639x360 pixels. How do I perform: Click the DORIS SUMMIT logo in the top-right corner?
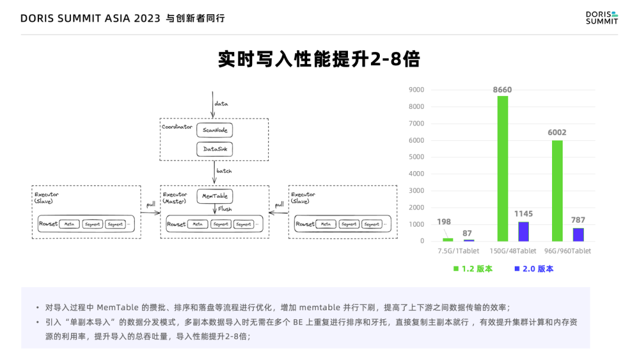[601, 18]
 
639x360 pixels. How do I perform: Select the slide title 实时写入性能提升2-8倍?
[319, 59]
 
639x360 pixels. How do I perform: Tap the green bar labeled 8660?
[502, 168]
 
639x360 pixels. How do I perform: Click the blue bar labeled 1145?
[524, 232]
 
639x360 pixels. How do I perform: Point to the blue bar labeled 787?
[578, 234]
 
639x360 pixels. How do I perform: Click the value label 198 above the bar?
[444, 222]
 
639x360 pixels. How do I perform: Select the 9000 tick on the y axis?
[416, 90]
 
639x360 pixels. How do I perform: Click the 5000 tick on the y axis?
[416, 157]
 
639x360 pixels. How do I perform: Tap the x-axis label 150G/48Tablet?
[513, 251]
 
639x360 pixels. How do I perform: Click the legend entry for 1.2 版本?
[473, 269]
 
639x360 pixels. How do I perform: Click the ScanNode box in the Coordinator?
[215, 130]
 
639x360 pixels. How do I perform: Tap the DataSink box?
[215, 149]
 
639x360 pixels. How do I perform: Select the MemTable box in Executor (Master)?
[215, 196]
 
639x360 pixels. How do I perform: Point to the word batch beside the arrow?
[224, 171]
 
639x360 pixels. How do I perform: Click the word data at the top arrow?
[221, 104]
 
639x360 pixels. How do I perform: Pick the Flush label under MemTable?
[225, 209]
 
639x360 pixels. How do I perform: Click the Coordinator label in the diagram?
[177, 127]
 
